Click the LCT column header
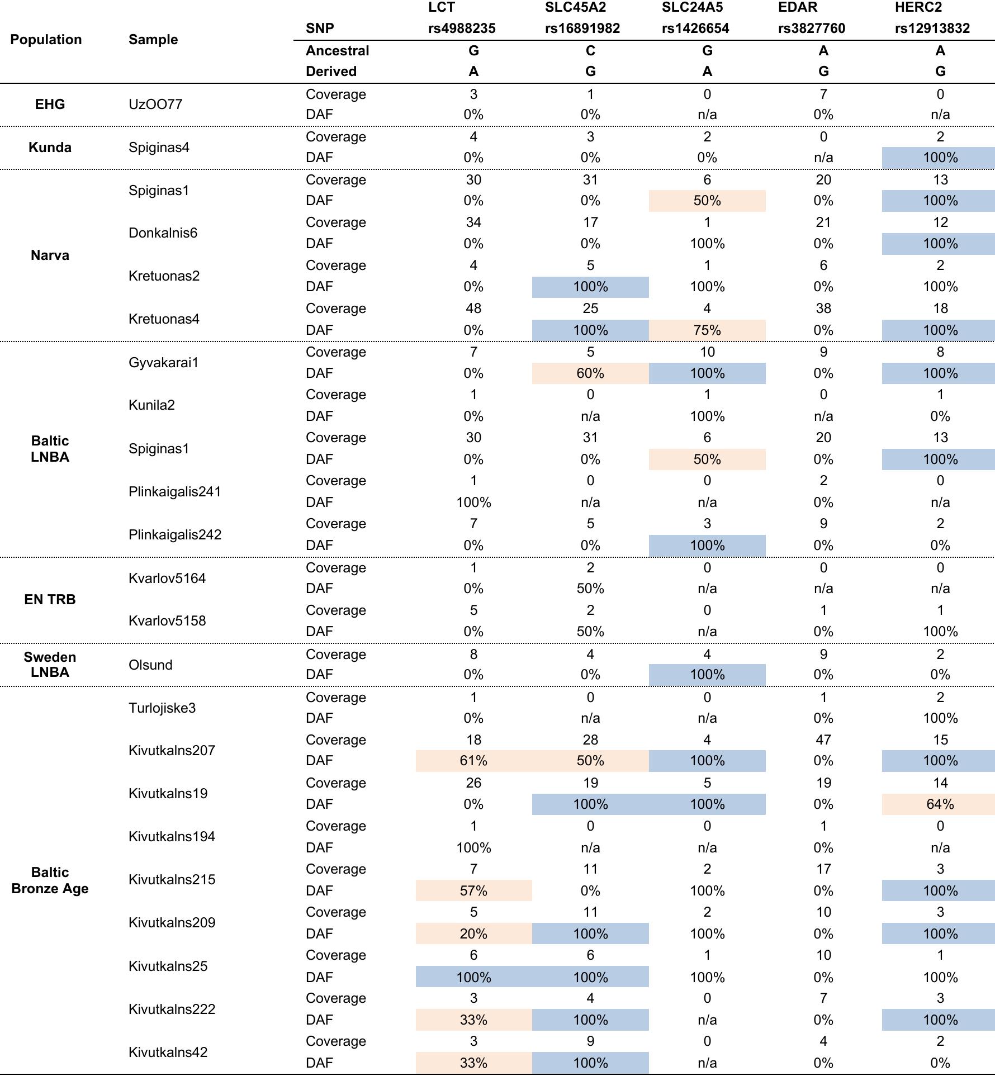click(x=442, y=8)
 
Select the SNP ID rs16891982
click(x=582, y=29)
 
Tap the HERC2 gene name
click(x=918, y=8)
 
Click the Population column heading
click(x=46, y=40)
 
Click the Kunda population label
click(x=50, y=148)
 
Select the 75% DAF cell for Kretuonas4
click(x=707, y=330)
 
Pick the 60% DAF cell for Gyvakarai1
click(x=590, y=373)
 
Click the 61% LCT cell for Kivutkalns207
click(x=473, y=761)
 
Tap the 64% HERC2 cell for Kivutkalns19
click(x=940, y=804)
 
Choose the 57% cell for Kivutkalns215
click(x=473, y=891)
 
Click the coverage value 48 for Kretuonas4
click(x=473, y=309)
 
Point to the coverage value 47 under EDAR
click(x=823, y=740)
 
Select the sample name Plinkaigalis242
click(x=175, y=535)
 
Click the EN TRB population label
click(x=50, y=600)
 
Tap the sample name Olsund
click(x=150, y=665)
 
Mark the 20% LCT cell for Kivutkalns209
click(x=473, y=934)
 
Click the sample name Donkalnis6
click(x=163, y=233)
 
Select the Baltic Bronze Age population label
click(x=50, y=880)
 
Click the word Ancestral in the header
click(x=337, y=51)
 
